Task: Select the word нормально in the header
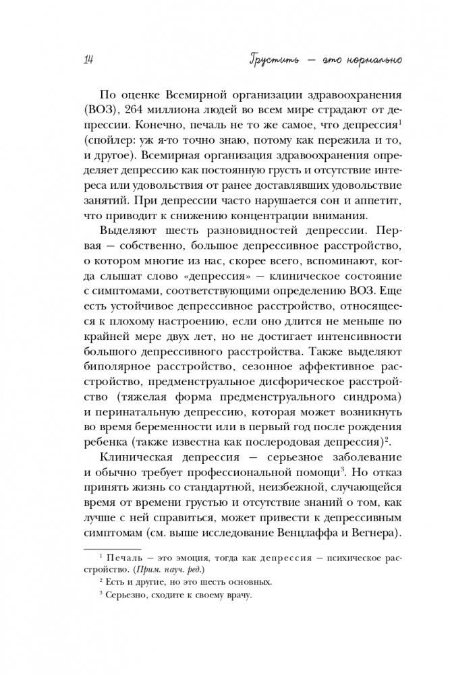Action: (x=368, y=61)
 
